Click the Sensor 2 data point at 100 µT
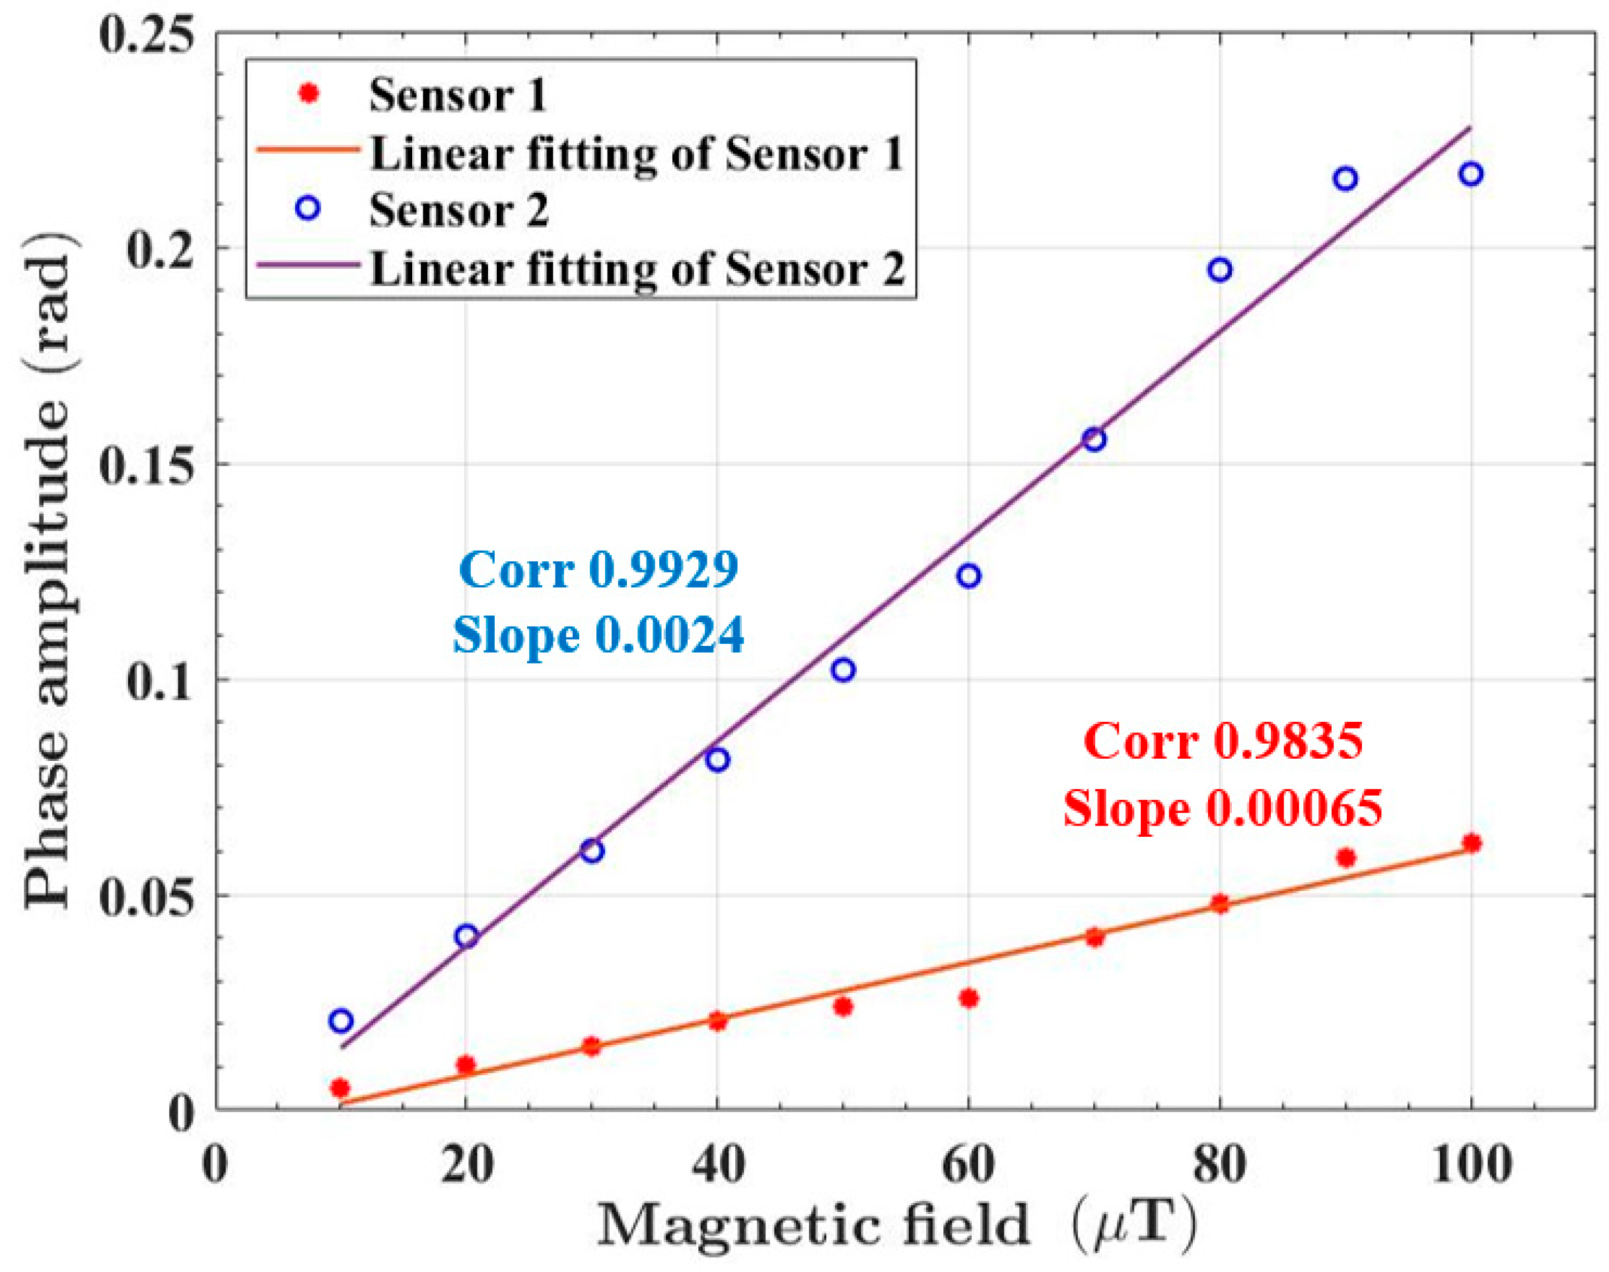(x=1470, y=174)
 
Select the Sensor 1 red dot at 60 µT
(x=968, y=998)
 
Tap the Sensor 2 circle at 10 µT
(x=340, y=1020)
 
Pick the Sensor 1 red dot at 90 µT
(x=1345, y=857)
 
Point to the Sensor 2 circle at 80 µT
(x=1219, y=269)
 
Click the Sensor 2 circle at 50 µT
(x=843, y=670)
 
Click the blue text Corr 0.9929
(x=599, y=571)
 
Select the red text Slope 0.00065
(x=1223, y=808)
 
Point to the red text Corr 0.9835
(x=1223, y=742)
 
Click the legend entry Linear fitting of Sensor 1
(x=637, y=154)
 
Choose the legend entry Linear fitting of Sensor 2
(x=637, y=269)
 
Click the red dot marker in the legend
(x=308, y=94)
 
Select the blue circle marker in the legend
(x=308, y=208)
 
